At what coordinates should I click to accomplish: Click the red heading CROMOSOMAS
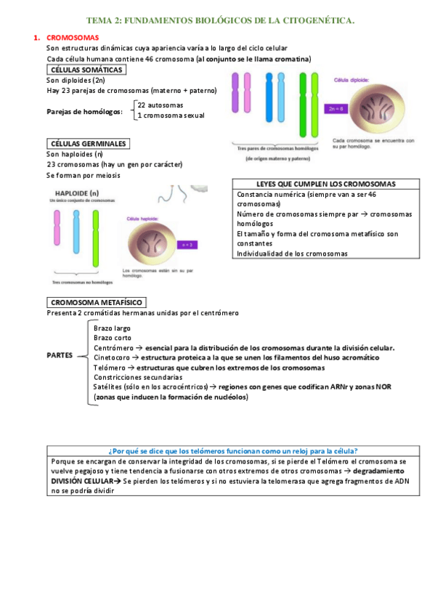[73, 37]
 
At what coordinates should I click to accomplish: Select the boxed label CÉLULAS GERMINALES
[88, 144]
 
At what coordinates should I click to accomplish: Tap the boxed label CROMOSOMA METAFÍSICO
[97, 302]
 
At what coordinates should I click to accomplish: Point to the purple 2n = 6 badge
[336, 109]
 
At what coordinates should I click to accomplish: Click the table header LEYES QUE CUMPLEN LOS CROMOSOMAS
[326, 184]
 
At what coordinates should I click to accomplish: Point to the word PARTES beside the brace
[61, 356]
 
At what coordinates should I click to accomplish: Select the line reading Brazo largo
[112, 328]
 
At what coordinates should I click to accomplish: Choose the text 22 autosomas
[160, 105]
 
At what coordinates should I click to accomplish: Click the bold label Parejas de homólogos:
[84, 111]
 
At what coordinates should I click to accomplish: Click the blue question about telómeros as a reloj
[236, 450]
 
